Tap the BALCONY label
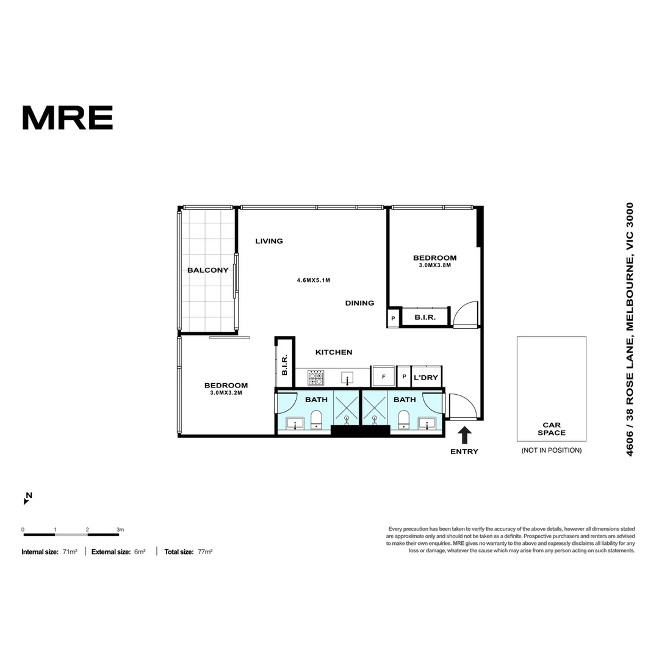click(208, 270)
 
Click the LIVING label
click(269, 241)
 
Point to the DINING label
click(360, 303)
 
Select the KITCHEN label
click(334, 352)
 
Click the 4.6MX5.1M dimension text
click(314, 280)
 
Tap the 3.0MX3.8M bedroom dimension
click(435, 265)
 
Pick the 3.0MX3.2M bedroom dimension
click(226, 393)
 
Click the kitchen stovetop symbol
click(315, 378)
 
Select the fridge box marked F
click(383, 376)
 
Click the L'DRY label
click(426, 378)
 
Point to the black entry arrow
click(464, 435)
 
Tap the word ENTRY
click(464, 452)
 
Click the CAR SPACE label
click(552, 429)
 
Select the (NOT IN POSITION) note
click(552, 450)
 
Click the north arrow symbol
click(27, 499)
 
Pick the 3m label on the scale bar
click(120, 530)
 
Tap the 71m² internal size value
click(70, 552)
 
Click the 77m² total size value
click(205, 552)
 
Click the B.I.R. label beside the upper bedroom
click(425, 317)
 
